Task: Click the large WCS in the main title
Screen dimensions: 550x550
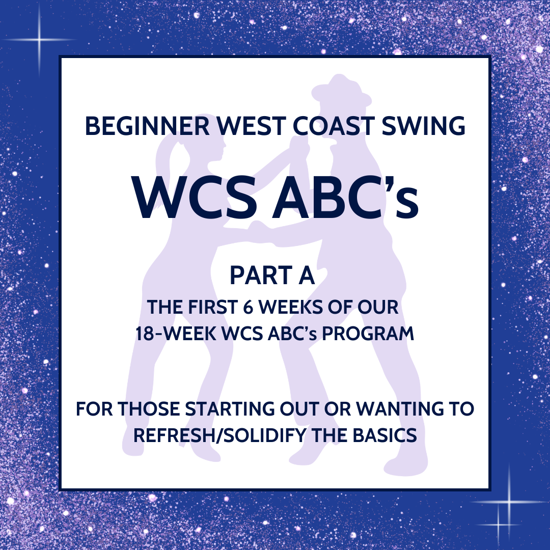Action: pos(194,199)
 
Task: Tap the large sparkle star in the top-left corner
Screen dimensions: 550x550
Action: pos(39,39)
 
